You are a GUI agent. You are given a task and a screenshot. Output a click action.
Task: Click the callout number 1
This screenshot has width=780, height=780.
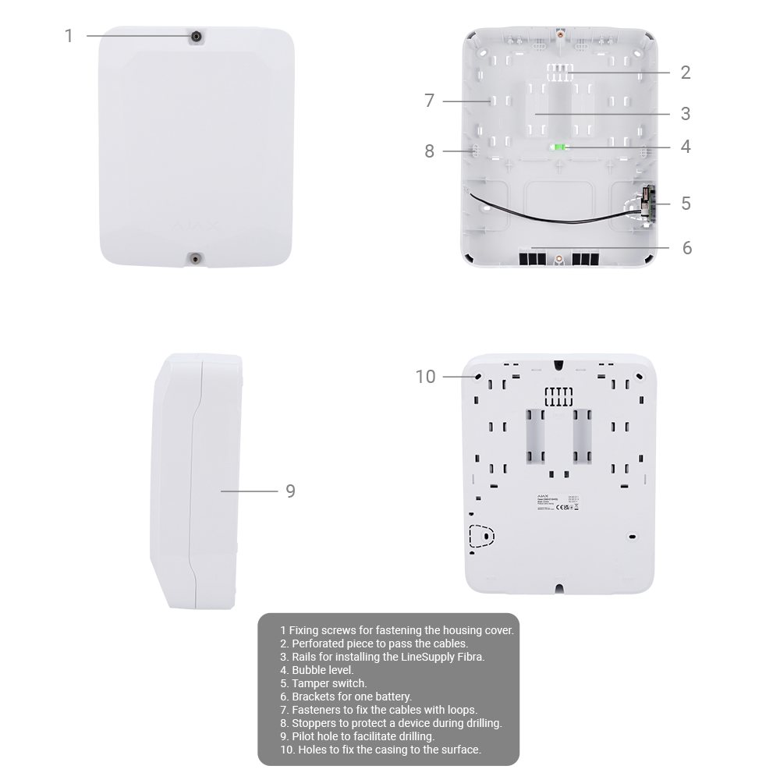tap(69, 36)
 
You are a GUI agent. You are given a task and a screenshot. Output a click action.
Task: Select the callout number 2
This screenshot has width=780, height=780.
tap(685, 73)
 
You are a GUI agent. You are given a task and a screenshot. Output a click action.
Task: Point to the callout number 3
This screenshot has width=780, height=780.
tap(685, 114)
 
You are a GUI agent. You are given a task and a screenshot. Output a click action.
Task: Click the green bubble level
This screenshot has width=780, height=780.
tap(558, 147)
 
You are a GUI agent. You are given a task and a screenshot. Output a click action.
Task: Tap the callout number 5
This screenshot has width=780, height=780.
tap(685, 203)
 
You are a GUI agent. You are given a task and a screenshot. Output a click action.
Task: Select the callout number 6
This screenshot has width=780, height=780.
tap(686, 247)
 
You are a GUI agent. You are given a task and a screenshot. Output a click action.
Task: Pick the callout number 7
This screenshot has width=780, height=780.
tap(429, 101)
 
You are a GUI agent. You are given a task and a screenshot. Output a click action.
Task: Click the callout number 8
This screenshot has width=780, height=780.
tap(429, 151)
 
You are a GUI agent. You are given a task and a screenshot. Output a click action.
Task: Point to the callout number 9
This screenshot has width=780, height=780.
tap(290, 491)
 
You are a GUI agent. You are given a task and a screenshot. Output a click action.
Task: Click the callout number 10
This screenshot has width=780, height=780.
tap(426, 377)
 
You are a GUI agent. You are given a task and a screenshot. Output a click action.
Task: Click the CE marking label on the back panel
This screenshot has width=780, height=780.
tap(558, 507)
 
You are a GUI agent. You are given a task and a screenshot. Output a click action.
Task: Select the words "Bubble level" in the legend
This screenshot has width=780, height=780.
tap(322, 670)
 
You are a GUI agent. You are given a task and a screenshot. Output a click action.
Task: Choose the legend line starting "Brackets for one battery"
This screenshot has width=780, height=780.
tap(351, 697)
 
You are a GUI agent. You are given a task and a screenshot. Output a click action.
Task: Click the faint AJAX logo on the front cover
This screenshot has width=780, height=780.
tap(195, 225)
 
